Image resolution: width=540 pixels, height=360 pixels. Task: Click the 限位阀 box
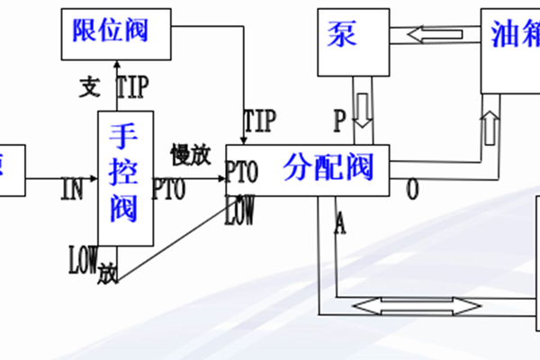pos(117,31)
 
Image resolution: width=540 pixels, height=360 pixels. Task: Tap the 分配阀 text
pos(328,167)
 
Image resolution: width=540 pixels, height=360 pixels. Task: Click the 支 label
pos(88,86)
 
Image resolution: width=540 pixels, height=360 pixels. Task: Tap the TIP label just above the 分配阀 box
pos(260,119)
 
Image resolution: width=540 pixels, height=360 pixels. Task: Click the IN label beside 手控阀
pos(73,189)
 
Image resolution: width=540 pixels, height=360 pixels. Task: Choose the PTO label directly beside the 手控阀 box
pos(168,189)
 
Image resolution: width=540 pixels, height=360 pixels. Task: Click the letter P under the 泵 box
pos(339,118)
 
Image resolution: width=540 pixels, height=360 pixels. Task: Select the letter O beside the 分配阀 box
pos(412,190)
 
